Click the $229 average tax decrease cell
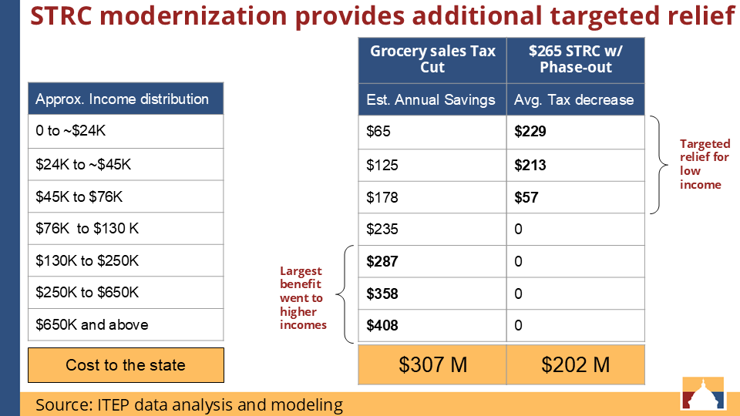pos(575,132)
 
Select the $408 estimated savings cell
pos(432,325)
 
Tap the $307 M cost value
pos(432,364)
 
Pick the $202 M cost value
pos(575,364)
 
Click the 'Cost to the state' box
pos(126,365)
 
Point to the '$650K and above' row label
pos(126,324)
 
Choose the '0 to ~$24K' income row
pos(126,131)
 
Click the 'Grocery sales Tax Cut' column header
pos(432,60)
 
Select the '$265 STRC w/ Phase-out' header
pos(575,60)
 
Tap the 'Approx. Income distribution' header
pos(126,99)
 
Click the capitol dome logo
pos(703,393)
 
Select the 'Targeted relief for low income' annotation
pos(705,164)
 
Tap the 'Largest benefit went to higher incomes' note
pos(302,297)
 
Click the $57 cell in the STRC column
pos(575,198)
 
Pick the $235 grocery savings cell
pos(432,230)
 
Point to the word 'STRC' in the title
pos(62,15)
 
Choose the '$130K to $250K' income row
pos(126,260)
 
